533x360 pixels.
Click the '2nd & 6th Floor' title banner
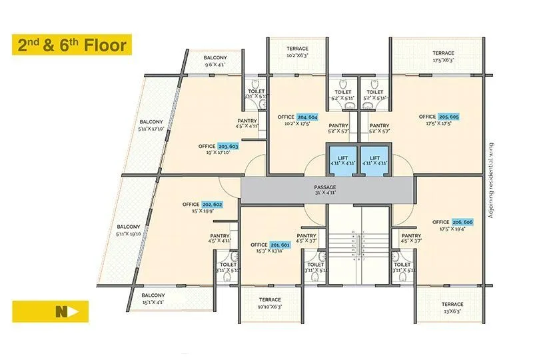click(72, 45)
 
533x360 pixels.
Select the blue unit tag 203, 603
click(228, 145)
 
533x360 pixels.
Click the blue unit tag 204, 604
click(308, 117)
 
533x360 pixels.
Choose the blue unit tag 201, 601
click(280, 245)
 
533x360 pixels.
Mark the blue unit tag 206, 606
click(462, 222)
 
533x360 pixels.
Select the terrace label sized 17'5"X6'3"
click(443, 57)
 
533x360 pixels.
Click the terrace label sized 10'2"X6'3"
click(297, 52)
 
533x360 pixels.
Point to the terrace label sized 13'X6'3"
click(452, 308)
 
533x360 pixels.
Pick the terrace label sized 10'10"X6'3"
click(270, 303)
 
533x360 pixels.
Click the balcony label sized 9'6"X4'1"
click(216, 61)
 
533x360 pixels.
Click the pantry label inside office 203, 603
click(247, 123)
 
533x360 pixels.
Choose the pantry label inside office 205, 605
click(379, 128)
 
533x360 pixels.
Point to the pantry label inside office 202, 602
click(220, 239)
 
